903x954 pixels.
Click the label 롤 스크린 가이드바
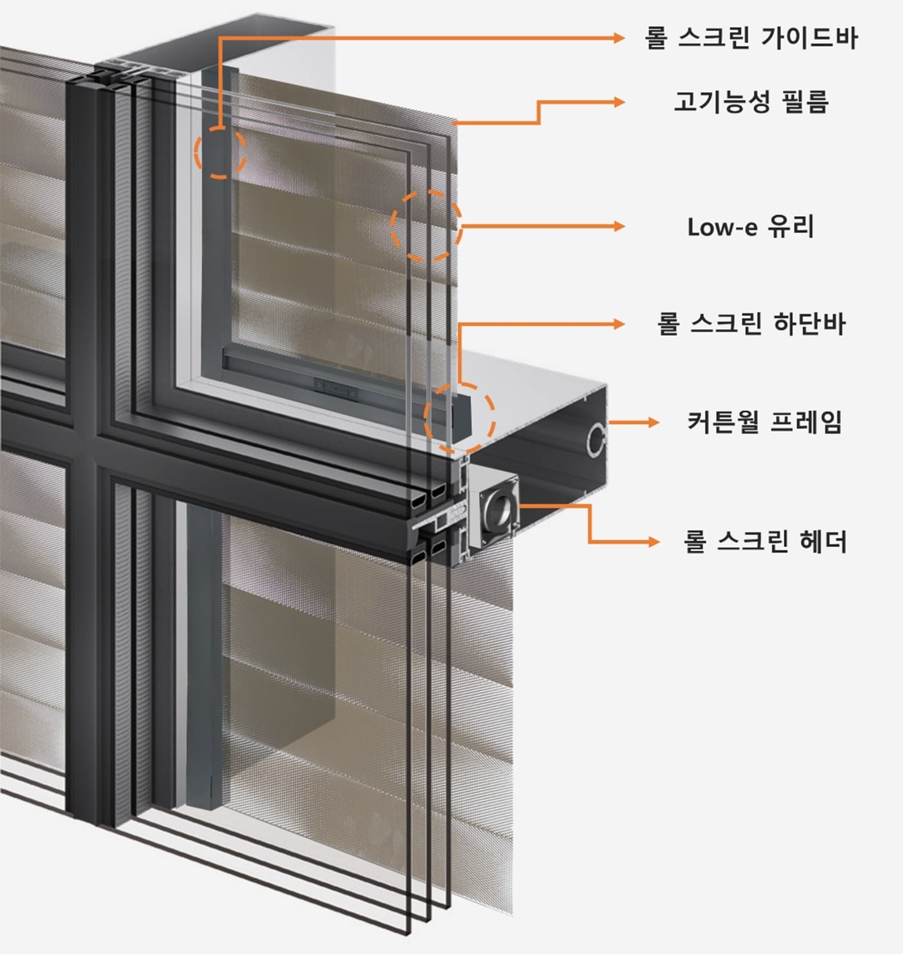pyautogui.click(x=751, y=38)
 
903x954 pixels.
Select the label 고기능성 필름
pyautogui.click(x=751, y=102)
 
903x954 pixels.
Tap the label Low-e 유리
pyautogui.click(x=751, y=227)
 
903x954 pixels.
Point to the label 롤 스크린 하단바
pyautogui.click(x=751, y=324)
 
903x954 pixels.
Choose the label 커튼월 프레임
pyautogui.click(x=764, y=422)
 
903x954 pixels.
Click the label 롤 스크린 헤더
pyautogui.click(x=764, y=541)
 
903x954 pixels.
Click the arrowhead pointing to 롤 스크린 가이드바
pyautogui.click(x=619, y=38)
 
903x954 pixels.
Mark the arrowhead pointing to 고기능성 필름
pyautogui.click(x=619, y=102)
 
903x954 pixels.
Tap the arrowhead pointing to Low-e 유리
pyautogui.click(x=619, y=226)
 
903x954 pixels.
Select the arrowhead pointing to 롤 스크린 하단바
pyautogui.click(x=619, y=324)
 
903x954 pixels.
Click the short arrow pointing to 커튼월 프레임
pyautogui.click(x=635, y=422)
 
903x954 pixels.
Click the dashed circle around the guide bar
pyautogui.click(x=220, y=152)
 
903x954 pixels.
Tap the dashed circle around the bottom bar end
pyautogui.click(x=459, y=417)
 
